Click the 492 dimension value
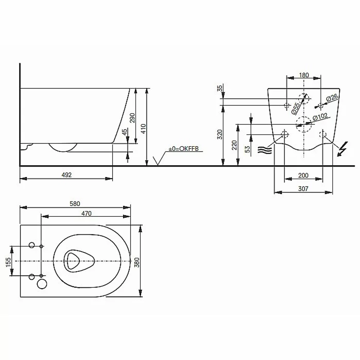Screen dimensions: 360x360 (x=67, y=175)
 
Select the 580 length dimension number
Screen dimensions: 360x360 (x=75, y=204)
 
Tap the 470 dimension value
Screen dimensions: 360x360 (x=86, y=213)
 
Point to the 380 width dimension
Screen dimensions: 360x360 (x=137, y=262)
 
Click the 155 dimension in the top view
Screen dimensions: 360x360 (x=8, y=262)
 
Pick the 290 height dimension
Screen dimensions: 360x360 (x=132, y=118)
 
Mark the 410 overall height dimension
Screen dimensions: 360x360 (x=143, y=129)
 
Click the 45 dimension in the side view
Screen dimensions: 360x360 (x=124, y=132)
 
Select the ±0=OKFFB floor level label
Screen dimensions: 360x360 (x=184, y=149)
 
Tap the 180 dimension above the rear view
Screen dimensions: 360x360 (x=304, y=75)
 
